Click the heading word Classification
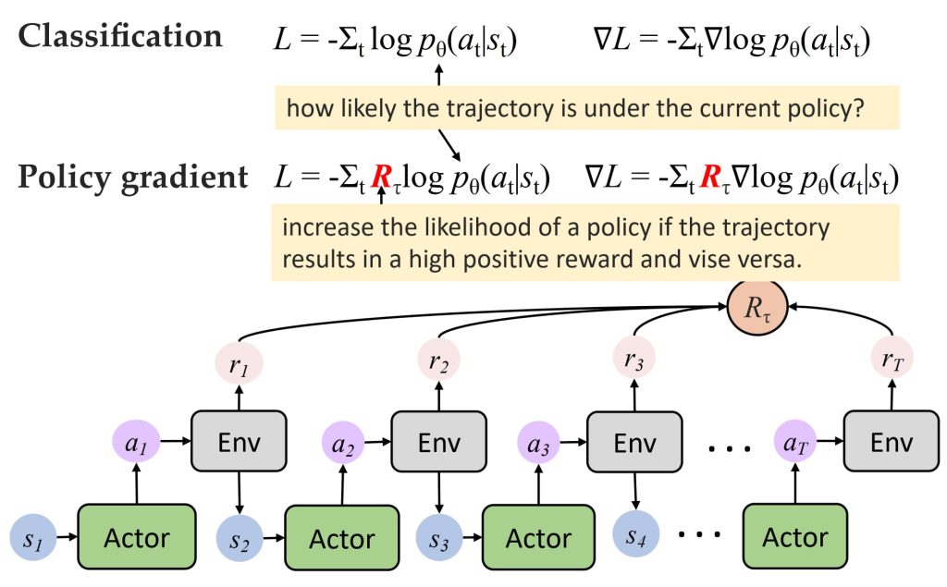(x=120, y=36)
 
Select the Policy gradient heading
(x=133, y=177)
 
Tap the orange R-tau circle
(x=757, y=307)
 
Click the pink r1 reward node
(x=240, y=363)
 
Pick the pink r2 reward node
(x=439, y=361)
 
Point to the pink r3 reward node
(x=634, y=359)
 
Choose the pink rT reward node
(x=892, y=359)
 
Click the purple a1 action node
(x=136, y=442)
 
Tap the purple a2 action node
(x=343, y=444)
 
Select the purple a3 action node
(x=539, y=443)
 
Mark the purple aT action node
(x=795, y=442)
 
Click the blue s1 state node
(x=33, y=537)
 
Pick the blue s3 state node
(x=439, y=537)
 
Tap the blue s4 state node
(x=635, y=533)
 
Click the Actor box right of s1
(x=137, y=537)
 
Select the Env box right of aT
(x=892, y=442)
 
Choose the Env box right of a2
(x=439, y=442)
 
